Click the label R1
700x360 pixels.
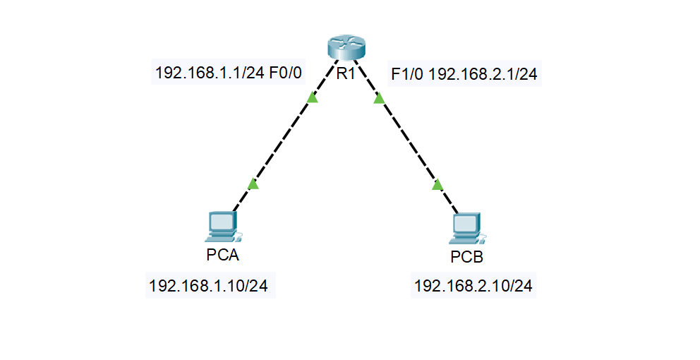[345, 73]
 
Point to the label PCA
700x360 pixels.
[222, 255]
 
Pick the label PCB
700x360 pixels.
[466, 257]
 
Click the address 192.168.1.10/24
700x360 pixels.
[208, 287]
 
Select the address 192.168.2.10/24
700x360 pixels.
[473, 287]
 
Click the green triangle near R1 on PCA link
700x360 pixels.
[313, 97]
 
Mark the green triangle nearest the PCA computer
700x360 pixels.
[253, 184]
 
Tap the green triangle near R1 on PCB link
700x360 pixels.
[379, 98]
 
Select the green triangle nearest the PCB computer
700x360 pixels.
[437, 185]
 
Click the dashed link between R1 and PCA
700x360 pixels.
[283, 141]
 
